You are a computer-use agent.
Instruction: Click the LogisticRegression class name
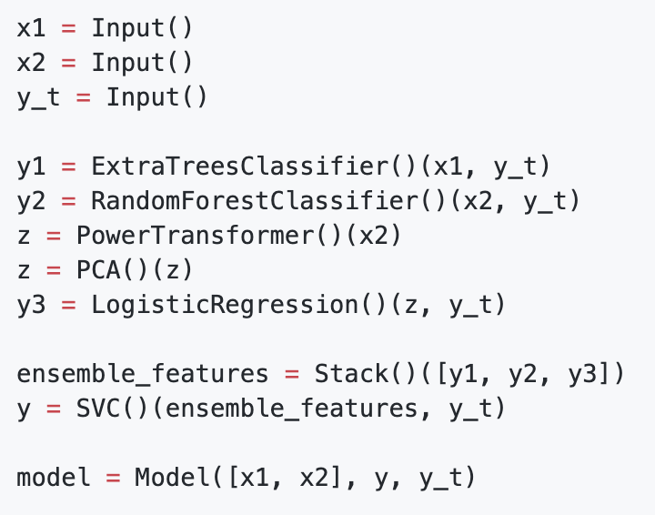click(225, 305)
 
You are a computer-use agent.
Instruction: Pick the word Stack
click(351, 374)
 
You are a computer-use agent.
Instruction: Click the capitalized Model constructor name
click(172, 477)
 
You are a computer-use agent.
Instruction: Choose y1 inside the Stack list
click(470, 374)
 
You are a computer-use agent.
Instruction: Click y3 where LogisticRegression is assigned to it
click(31, 305)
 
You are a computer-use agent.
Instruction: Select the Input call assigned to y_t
click(143, 97)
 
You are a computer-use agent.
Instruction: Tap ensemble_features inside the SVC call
click(291, 409)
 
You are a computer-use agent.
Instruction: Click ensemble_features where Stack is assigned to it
click(142, 374)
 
